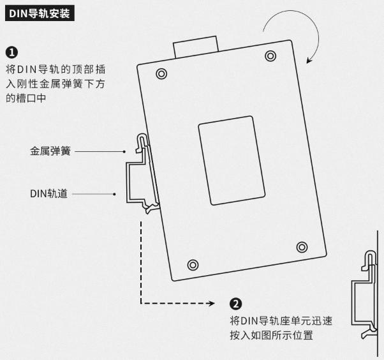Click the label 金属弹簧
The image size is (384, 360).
(x=50, y=152)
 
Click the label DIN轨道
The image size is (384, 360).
(x=48, y=193)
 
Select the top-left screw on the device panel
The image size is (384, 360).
(x=161, y=74)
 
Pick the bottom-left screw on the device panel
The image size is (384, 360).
(x=193, y=264)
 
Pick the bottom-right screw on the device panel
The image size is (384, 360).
(x=302, y=247)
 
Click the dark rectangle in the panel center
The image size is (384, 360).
(x=232, y=160)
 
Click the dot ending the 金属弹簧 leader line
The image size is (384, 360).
(x=124, y=152)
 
